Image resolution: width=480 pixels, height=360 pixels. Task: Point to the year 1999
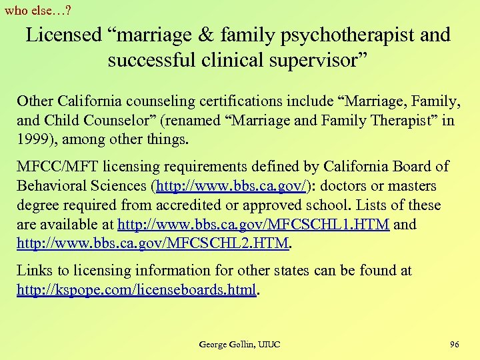[x=35, y=140]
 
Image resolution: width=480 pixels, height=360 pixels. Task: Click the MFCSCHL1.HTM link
[x=253, y=225]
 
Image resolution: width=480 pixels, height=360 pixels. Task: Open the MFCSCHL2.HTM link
[x=153, y=244]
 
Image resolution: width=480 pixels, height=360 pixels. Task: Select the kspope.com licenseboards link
[x=137, y=290]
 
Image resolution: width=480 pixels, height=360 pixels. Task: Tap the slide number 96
[x=455, y=344]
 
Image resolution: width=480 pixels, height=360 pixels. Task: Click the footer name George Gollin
[x=226, y=344]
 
